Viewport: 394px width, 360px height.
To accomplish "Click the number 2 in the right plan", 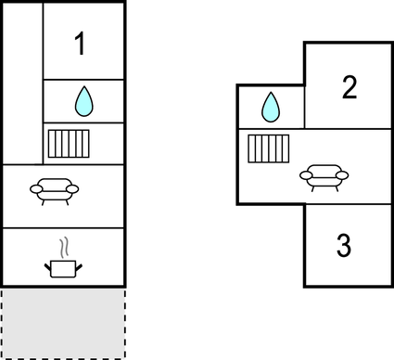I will pyautogui.click(x=350, y=88).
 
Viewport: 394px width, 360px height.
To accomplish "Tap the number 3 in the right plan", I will pyautogui.click(x=343, y=247).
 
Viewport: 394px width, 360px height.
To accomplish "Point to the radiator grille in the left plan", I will pyautogui.click(x=67, y=145).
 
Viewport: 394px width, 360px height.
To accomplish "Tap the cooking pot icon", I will pyautogui.click(x=63, y=266).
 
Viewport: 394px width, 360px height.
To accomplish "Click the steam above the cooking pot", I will pyautogui.click(x=63, y=248).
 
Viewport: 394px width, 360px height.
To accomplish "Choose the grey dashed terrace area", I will pyautogui.click(x=63, y=323).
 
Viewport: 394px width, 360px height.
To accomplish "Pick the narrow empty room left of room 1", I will pyautogui.click(x=22, y=84).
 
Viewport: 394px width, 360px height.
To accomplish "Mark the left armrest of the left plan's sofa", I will pyautogui.click(x=37, y=188).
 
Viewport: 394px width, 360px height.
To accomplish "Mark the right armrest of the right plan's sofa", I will pyautogui.click(x=342, y=174).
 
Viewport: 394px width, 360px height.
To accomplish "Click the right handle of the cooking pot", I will pyautogui.click(x=79, y=265).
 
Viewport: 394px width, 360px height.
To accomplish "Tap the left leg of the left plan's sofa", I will pyautogui.click(x=44, y=199).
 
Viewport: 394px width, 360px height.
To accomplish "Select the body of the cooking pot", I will pyautogui.click(x=63, y=269).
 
